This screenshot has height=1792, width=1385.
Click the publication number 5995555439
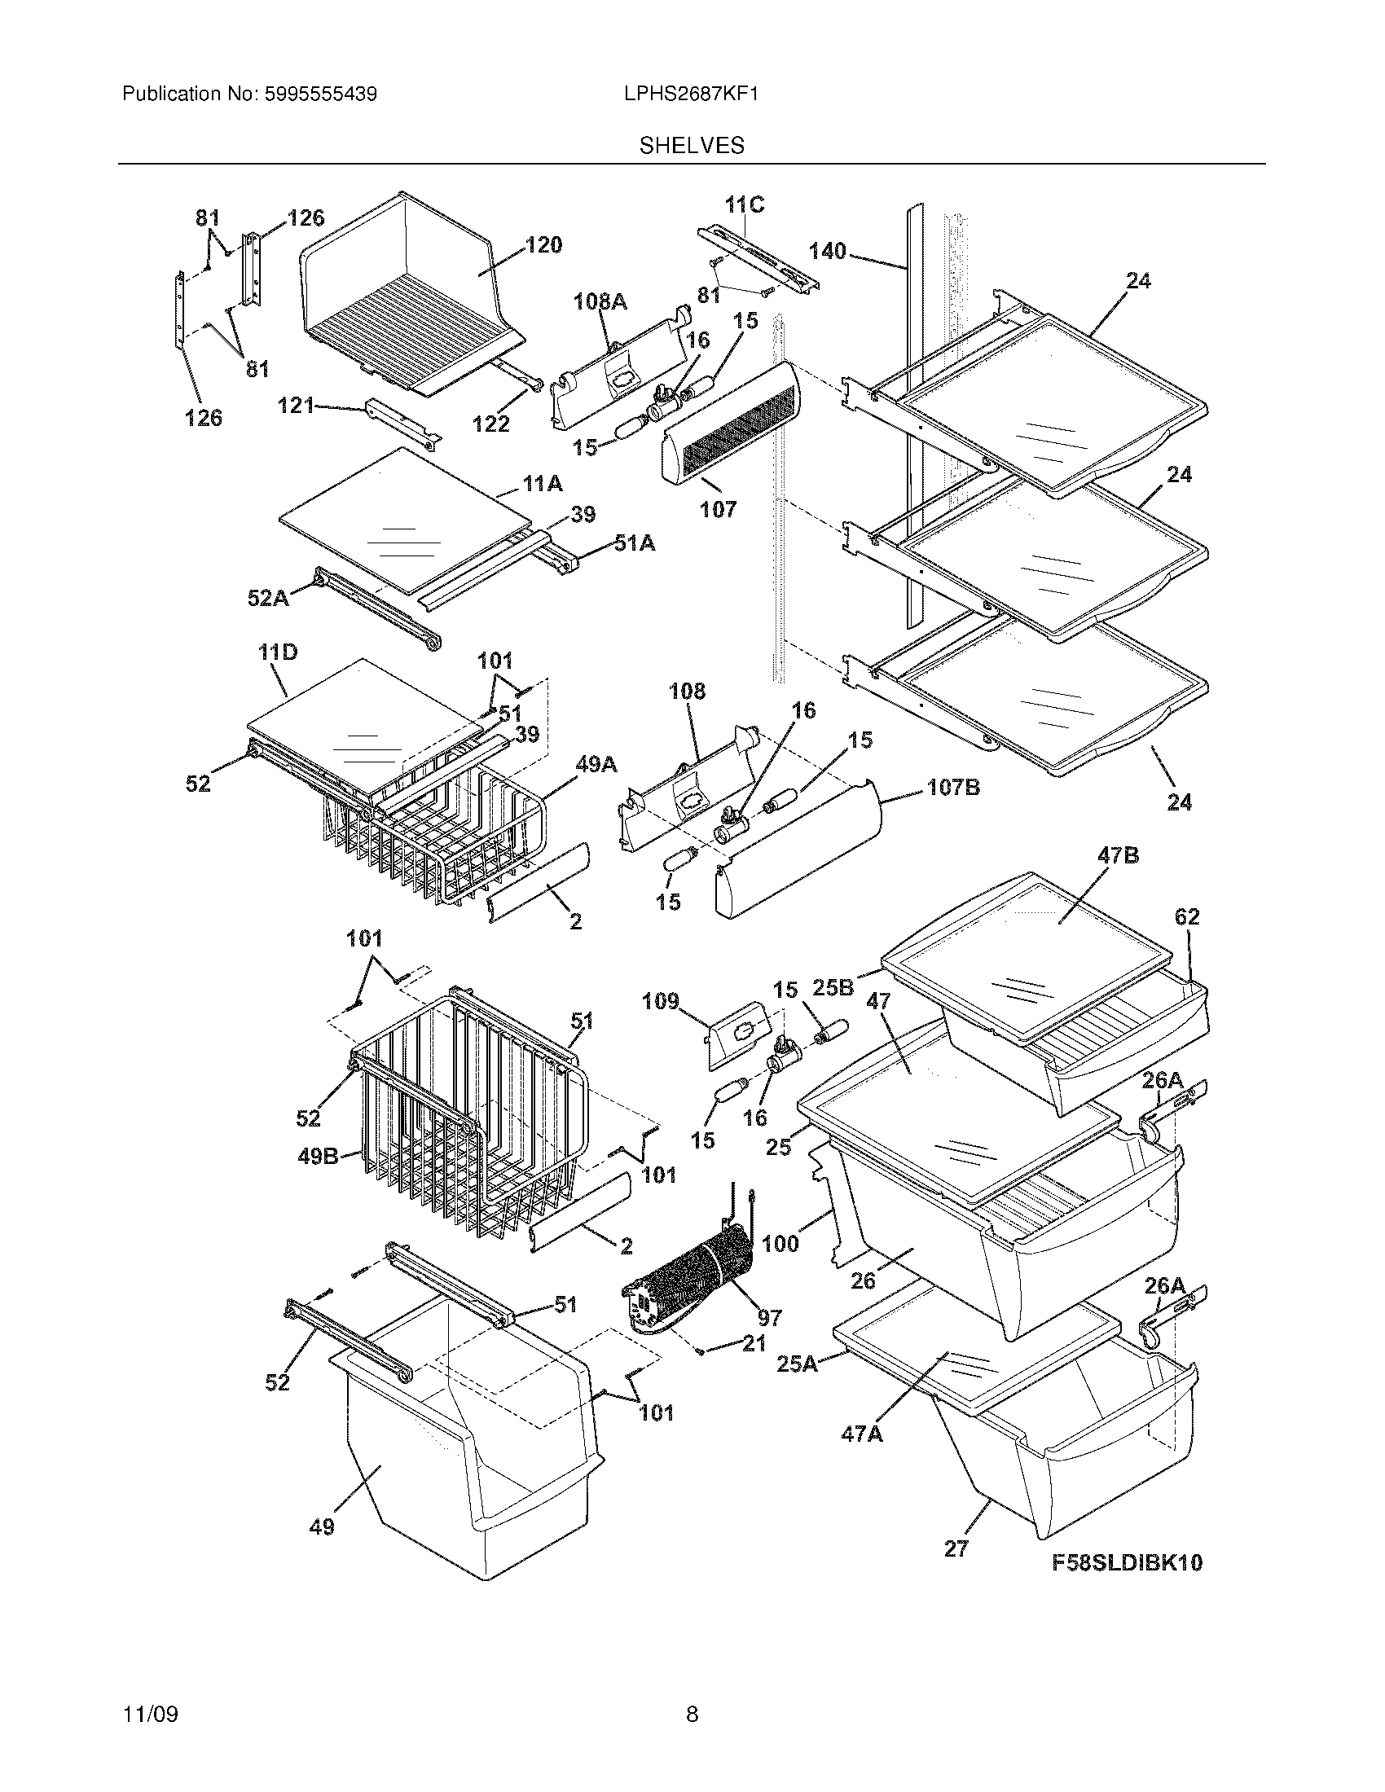coord(320,94)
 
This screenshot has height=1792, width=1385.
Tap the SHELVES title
coord(692,146)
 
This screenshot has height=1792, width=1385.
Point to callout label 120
coord(543,244)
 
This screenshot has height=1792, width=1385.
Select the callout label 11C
coord(744,205)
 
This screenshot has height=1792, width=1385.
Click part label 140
coord(827,250)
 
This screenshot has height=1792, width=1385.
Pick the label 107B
coord(953,788)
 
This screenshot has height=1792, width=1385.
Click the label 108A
coord(600,302)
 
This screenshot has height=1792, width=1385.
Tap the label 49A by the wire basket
coord(596,765)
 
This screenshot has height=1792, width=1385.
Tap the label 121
coord(297,405)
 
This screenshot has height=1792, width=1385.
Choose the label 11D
coord(277,653)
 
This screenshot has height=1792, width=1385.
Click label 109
coord(661,1001)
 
